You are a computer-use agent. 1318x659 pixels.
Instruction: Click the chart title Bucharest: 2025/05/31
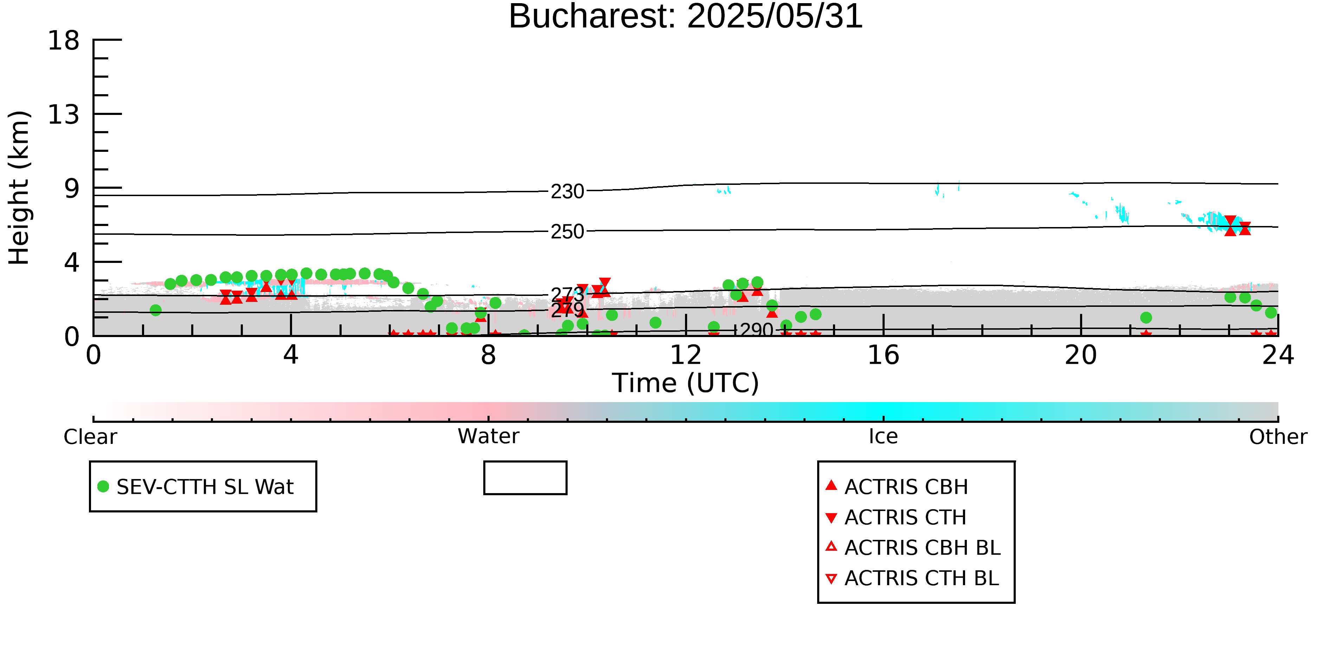pyautogui.click(x=686, y=17)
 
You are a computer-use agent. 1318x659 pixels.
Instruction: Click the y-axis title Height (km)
pyautogui.click(x=19, y=188)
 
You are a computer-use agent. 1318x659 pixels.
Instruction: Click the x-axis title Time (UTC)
pyautogui.click(x=686, y=383)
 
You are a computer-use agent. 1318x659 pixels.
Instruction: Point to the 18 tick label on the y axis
pyautogui.click(x=64, y=40)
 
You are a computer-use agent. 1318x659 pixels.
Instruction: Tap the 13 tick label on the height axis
pyautogui.click(x=64, y=115)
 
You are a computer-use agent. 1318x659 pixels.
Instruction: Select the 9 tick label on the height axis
pyautogui.click(x=72, y=189)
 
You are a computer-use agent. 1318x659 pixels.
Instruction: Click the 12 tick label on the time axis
pyautogui.click(x=686, y=355)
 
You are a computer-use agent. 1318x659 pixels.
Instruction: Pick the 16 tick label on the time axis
pyautogui.click(x=883, y=355)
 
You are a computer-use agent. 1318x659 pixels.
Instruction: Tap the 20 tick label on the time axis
pyautogui.click(x=1081, y=355)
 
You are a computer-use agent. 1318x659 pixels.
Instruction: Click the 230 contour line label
pyautogui.click(x=567, y=191)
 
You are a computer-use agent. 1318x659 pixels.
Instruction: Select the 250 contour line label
pyautogui.click(x=567, y=231)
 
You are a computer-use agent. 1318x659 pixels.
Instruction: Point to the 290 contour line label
pyautogui.click(x=757, y=330)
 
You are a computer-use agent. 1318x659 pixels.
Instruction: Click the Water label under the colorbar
pyautogui.click(x=489, y=437)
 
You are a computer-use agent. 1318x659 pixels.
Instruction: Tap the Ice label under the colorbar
pyautogui.click(x=883, y=437)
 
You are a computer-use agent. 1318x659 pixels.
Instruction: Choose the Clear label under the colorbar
pyautogui.click(x=90, y=437)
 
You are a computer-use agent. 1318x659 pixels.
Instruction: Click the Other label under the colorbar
pyautogui.click(x=1278, y=437)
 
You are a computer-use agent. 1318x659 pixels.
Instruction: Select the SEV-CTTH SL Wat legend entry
pyautogui.click(x=196, y=486)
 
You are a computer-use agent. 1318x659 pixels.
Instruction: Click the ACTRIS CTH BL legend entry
pyautogui.click(x=912, y=578)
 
